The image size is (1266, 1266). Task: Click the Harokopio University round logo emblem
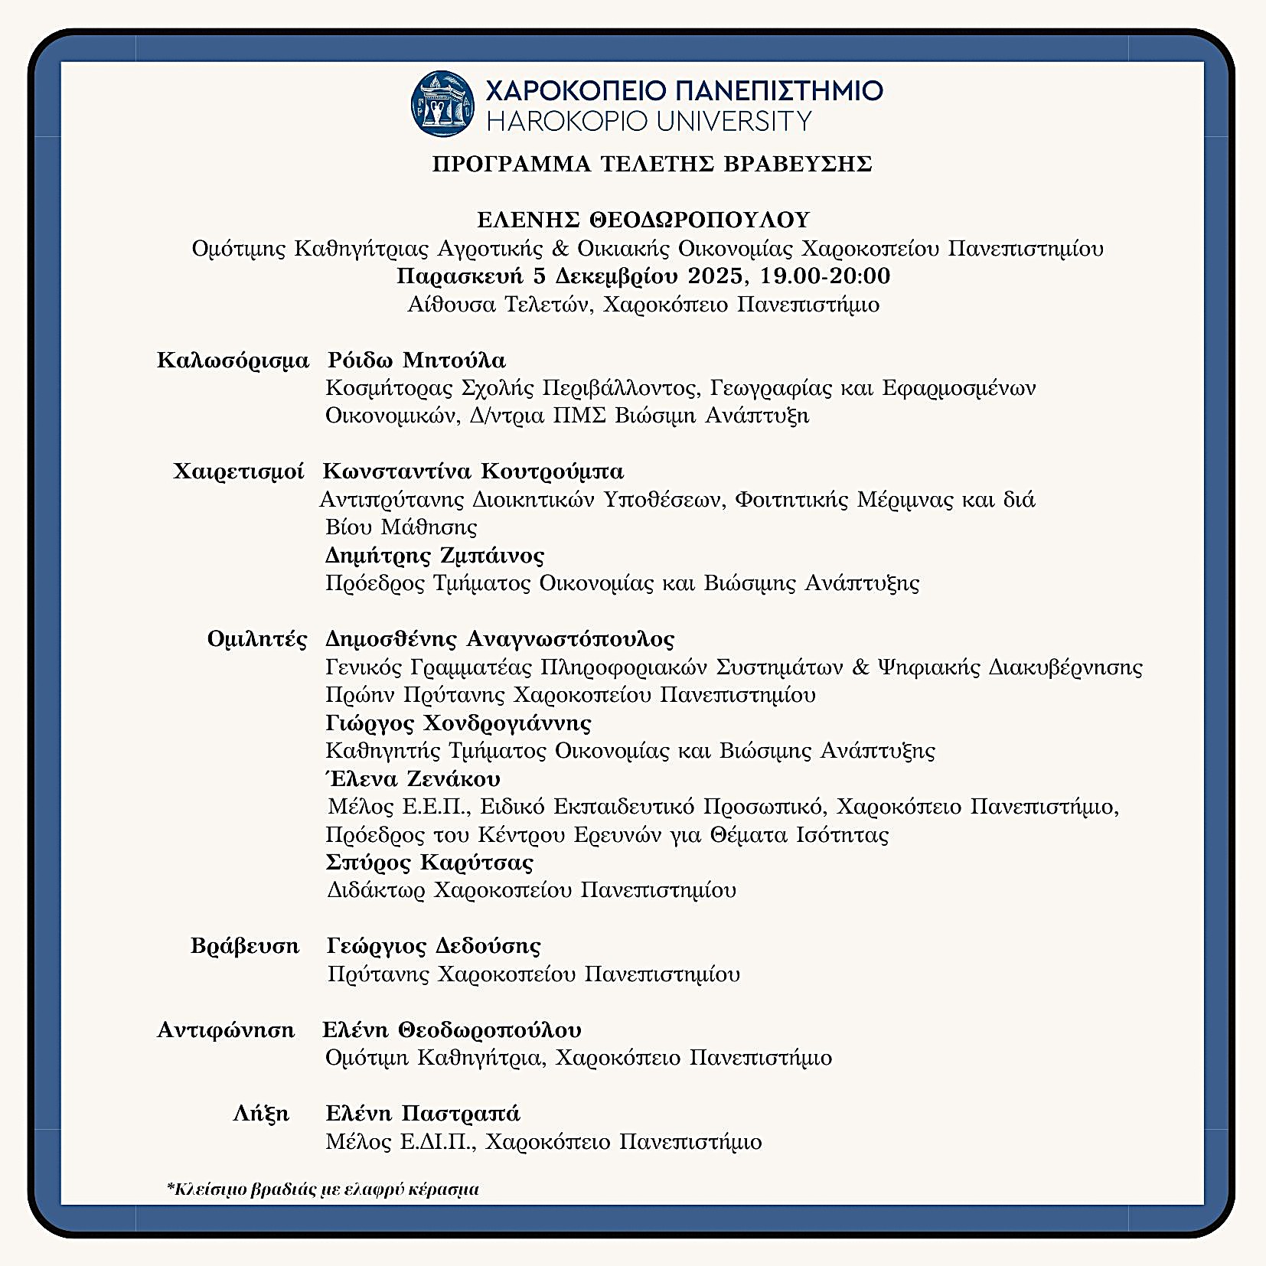(442, 103)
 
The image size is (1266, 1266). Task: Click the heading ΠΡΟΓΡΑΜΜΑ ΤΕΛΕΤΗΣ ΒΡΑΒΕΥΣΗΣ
(651, 164)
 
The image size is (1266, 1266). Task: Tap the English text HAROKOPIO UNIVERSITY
(649, 121)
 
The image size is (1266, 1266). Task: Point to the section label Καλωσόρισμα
(233, 360)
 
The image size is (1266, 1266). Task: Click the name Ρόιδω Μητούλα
(416, 360)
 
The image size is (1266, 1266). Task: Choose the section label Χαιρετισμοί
(239, 471)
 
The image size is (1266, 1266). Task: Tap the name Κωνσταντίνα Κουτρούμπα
(473, 471)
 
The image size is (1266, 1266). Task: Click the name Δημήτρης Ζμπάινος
(434, 555)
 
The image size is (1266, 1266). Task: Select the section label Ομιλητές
(257, 638)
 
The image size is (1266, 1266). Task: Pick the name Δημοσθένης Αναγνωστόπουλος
(500, 638)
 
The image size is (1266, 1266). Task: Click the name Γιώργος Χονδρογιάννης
(458, 723)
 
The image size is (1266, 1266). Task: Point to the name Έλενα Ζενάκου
(413, 779)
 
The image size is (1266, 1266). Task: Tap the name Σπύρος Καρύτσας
(429, 863)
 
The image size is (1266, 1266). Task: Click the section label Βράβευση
(245, 946)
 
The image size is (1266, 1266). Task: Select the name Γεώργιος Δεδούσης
(433, 946)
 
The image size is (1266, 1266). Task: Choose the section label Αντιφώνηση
(226, 1030)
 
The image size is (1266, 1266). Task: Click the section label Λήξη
(261, 1114)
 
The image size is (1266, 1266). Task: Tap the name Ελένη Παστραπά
(423, 1114)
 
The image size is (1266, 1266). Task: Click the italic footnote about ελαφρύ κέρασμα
(322, 1189)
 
